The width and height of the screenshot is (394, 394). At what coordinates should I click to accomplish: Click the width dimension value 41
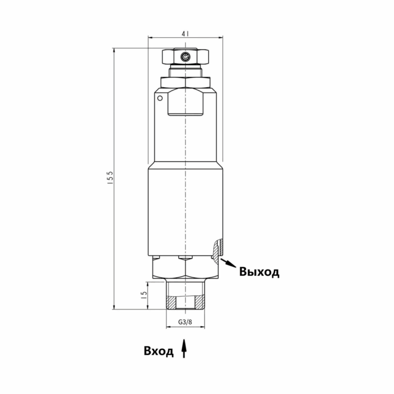[186, 34]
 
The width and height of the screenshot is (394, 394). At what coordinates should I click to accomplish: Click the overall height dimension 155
[110, 179]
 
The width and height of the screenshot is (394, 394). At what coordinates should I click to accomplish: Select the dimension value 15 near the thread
[144, 295]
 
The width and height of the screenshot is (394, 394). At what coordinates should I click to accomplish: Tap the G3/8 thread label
[185, 322]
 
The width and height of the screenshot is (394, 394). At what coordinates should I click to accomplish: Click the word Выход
[259, 272]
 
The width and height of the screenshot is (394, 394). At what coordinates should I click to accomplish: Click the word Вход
[159, 351]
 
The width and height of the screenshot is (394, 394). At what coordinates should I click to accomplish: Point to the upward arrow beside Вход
[184, 348]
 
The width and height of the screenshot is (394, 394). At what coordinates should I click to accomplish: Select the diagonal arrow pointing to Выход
[228, 262]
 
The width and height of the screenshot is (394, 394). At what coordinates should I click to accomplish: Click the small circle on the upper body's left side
[160, 98]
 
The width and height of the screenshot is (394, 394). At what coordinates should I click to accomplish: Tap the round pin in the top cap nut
[185, 57]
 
